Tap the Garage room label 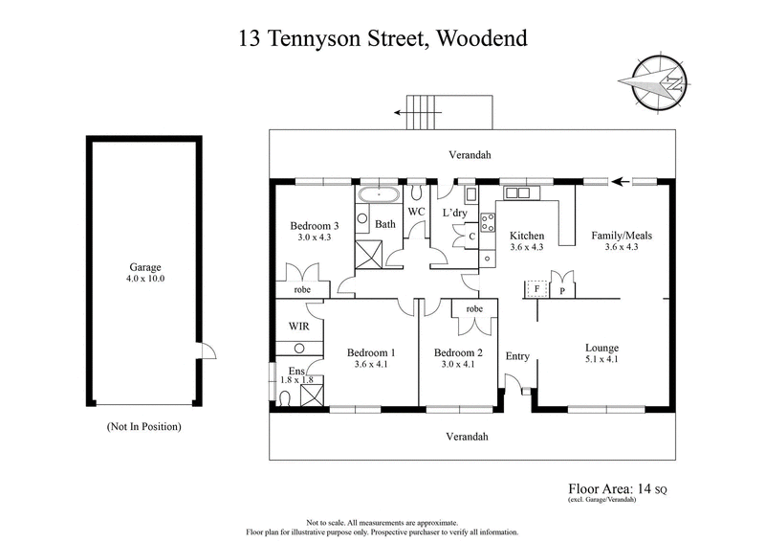click(144, 268)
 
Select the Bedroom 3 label click(314, 226)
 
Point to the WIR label click(298, 327)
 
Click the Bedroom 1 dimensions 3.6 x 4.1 click(371, 364)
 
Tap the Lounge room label click(601, 348)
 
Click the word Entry click(517, 356)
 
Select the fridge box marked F click(537, 288)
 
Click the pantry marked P click(562, 288)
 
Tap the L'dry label click(453, 212)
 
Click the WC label click(416, 211)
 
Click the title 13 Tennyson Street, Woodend click(382, 39)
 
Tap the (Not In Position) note click(143, 426)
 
